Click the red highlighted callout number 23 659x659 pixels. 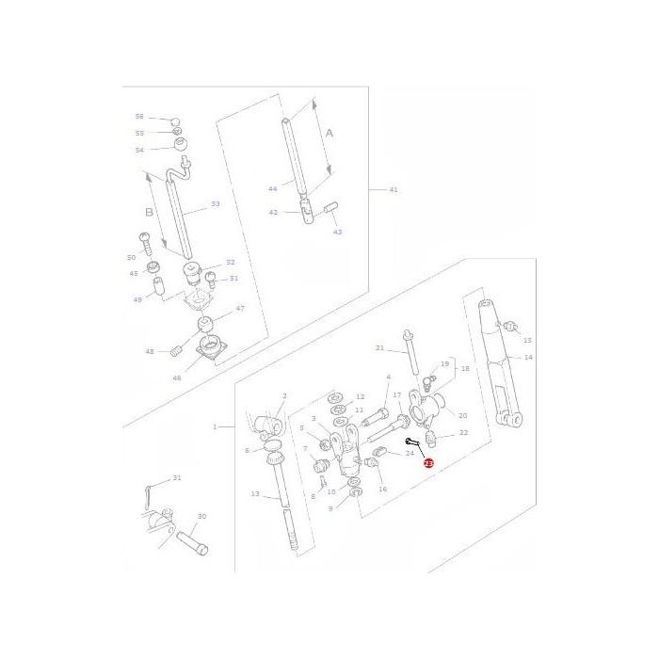tap(429, 463)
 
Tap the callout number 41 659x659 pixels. tap(394, 189)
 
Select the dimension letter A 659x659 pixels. tap(329, 134)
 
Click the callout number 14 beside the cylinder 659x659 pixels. tap(528, 358)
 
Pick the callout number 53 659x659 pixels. tap(215, 203)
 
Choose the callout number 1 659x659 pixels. tap(215, 426)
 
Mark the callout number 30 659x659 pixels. tap(201, 516)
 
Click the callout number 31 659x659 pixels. tap(176, 478)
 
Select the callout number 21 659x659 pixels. tap(379, 348)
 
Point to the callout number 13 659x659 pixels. tap(254, 493)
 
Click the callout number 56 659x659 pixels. tap(139, 117)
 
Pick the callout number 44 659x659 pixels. tap(272, 189)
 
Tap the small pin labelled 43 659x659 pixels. tap(329, 206)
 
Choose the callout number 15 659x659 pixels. tap(527, 340)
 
